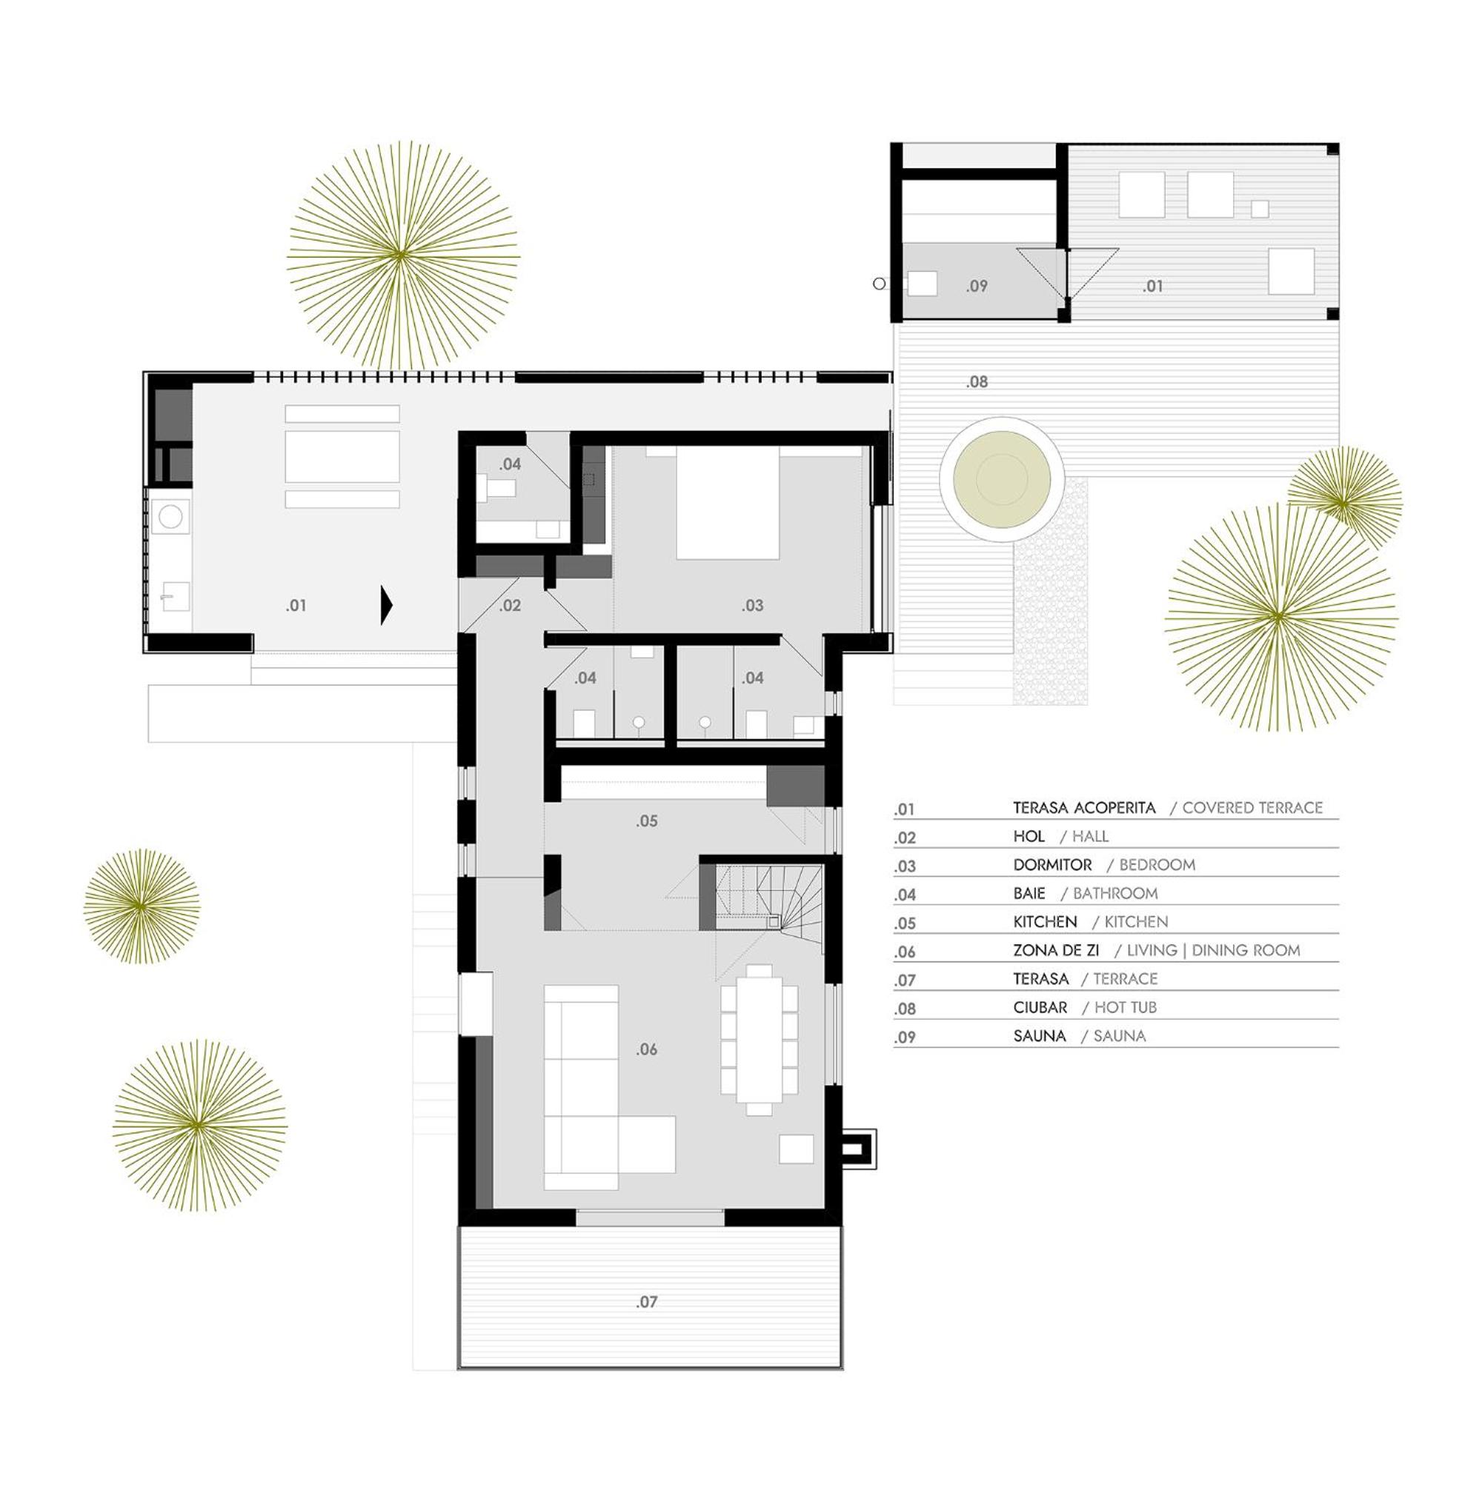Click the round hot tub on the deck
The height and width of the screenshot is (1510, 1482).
coord(1001,478)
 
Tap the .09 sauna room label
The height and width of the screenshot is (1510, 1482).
coord(977,287)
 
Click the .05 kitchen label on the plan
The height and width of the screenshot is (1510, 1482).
coord(647,821)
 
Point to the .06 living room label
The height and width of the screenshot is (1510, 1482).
coord(647,1049)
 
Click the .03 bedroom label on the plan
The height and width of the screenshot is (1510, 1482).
coord(753,605)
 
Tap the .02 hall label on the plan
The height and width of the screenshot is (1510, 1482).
coord(510,605)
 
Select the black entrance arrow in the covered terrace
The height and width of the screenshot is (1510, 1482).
coord(386,604)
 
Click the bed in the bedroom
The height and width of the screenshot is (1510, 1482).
coord(727,503)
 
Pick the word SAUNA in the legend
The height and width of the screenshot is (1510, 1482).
coord(1039,1036)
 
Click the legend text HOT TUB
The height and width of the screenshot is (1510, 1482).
coord(1126,1007)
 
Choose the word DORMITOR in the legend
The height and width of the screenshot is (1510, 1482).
coord(1052,865)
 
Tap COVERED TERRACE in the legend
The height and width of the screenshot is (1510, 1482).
coord(1252,807)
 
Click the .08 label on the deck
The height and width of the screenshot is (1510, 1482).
coord(977,382)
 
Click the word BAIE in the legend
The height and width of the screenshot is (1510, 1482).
coord(1029,893)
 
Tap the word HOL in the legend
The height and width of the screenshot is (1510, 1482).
coord(1029,836)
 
